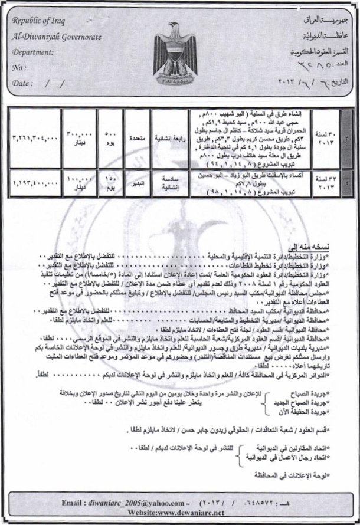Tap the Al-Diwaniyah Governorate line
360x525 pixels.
click(57, 37)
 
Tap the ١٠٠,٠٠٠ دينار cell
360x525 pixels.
click(77, 183)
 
